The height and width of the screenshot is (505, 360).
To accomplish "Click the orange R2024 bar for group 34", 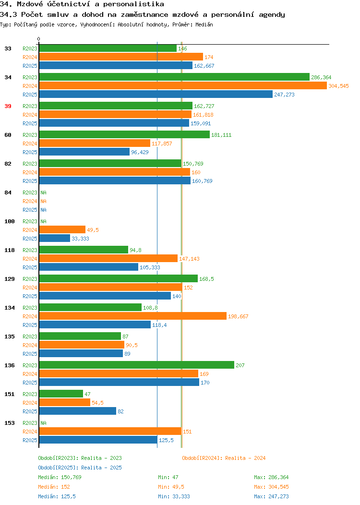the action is click(183, 85).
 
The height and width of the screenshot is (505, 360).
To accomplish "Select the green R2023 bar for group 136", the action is click(136, 365).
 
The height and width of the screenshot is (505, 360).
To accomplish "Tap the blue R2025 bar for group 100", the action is click(54, 238).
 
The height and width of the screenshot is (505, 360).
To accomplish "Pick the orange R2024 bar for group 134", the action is click(132, 316).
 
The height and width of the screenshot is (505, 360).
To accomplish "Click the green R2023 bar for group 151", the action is click(61, 394).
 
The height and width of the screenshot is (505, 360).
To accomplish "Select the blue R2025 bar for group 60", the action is click(84, 152).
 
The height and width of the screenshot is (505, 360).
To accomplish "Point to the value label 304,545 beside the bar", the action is click(338, 86).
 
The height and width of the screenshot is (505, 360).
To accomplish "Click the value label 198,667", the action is click(238, 317).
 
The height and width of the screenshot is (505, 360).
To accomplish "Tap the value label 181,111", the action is click(221, 135).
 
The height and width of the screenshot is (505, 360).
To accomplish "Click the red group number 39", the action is click(8, 106).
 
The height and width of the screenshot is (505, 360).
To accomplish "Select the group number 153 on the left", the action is click(9, 423).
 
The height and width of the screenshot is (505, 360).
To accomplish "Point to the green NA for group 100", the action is click(44, 221).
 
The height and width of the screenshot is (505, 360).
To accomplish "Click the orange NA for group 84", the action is click(44, 201).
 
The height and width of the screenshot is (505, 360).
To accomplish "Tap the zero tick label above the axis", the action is click(39, 39).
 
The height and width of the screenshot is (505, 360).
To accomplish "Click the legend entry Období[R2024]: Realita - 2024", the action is click(224, 458).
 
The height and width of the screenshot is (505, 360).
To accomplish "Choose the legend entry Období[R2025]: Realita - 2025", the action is click(80, 468).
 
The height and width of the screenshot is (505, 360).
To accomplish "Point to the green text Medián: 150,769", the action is click(60, 477).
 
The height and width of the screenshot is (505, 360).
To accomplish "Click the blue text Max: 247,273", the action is click(271, 497).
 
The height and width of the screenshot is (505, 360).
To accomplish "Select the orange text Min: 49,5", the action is click(171, 487).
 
